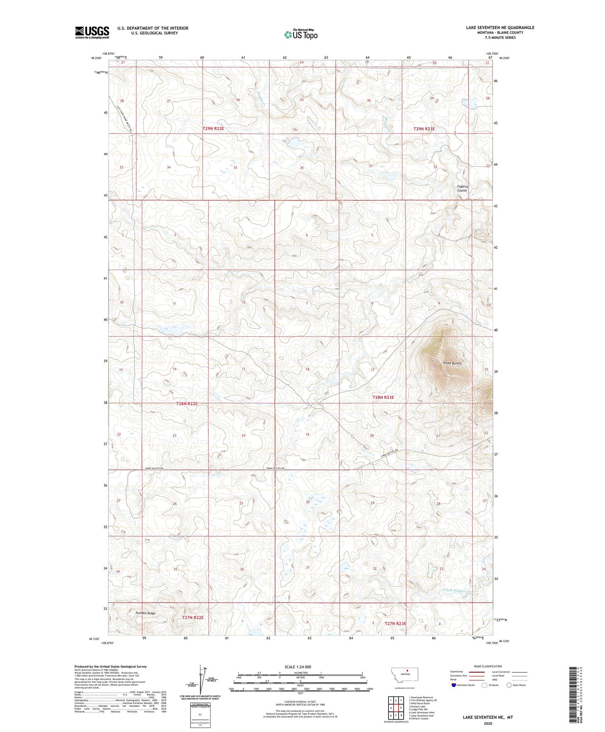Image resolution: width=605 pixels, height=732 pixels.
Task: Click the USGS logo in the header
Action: click(92, 32)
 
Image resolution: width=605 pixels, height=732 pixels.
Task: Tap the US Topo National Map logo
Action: click(300, 35)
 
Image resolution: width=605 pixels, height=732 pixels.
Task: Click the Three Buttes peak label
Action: click(452, 363)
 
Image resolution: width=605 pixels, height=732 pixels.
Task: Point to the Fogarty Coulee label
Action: click(462, 189)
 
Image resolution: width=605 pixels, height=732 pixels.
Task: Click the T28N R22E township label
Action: click(187, 404)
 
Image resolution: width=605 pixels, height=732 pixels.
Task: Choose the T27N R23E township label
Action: click(395, 623)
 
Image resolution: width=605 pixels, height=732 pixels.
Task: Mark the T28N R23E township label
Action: click(383, 397)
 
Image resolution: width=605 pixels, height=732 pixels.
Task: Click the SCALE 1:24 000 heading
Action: click(298, 667)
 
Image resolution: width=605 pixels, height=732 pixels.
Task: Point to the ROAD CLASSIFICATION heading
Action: click(488, 666)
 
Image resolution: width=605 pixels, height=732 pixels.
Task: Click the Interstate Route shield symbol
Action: click(454, 685)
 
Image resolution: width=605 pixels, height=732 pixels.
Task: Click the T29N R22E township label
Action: click(213, 129)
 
